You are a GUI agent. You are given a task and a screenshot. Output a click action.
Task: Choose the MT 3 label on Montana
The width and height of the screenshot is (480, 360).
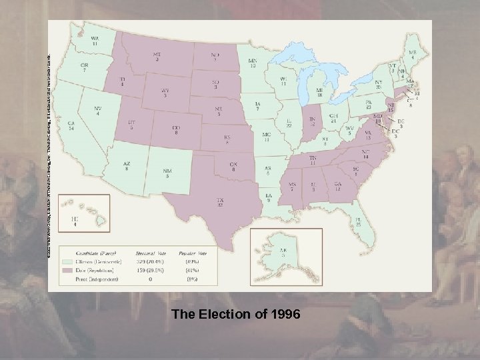(157, 56)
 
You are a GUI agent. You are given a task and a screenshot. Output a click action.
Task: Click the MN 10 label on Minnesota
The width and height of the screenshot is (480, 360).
(253, 63)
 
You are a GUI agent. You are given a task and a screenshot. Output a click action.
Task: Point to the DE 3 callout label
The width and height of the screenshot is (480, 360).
(400, 123)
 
